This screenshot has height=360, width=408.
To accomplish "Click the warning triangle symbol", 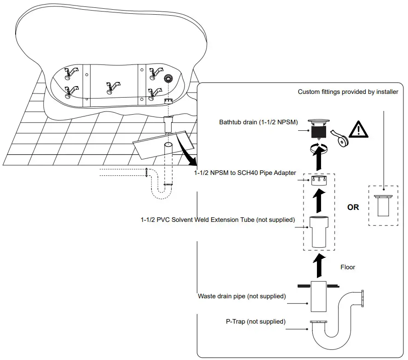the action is click(358, 129).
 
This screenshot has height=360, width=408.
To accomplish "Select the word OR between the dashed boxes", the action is click(353, 207).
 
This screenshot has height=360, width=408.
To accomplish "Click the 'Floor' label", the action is click(348, 267).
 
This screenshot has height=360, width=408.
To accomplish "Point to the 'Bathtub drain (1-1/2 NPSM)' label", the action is click(259, 122).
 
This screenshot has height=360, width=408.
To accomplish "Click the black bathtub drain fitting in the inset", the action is click(319, 129).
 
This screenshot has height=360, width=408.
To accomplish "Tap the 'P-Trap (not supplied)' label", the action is click(256, 321).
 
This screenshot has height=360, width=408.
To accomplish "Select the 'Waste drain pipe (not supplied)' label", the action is click(242, 296).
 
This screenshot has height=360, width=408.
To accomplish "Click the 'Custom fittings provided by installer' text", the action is click(348, 92).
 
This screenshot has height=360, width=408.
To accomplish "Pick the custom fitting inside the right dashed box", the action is click(383, 205).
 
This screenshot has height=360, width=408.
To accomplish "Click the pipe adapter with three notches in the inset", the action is click(319, 180).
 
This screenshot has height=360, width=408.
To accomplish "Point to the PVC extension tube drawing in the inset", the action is click(319, 232).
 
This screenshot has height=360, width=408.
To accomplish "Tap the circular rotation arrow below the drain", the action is click(319, 149).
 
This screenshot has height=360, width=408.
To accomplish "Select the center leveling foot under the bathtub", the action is click(113, 87).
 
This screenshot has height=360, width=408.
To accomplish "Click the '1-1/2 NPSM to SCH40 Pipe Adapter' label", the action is click(245, 173).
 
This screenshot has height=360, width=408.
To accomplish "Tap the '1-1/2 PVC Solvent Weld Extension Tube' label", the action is click(218, 220).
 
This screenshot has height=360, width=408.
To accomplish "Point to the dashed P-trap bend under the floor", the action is click(161, 192).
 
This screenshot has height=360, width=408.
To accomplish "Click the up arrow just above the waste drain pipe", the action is click(319, 266).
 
